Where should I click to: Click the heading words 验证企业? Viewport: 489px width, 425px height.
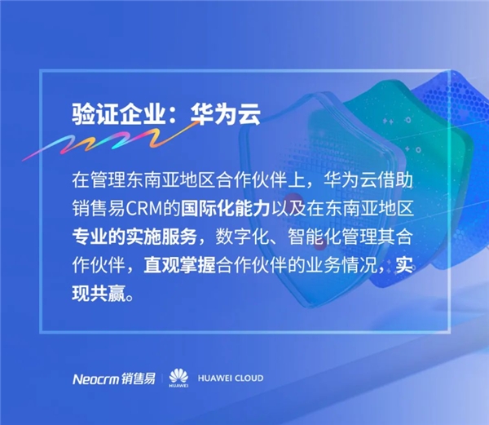click(x=118, y=114)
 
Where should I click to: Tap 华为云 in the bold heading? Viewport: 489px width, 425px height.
click(x=226, y=114)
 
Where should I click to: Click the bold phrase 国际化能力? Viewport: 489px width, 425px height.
click(x=225, y=209)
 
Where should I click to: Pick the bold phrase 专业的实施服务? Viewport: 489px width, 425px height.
click(x=134, y=237)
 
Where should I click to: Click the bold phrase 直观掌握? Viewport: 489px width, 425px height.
click(x=179, y=265)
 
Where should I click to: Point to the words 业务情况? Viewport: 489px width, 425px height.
click(x=341, y=265)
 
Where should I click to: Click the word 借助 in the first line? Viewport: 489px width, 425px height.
click(x=395, y=180)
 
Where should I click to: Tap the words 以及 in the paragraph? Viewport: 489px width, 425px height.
click(x=289, y=209)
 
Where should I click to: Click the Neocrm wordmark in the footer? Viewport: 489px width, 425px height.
click(x=95, y=379)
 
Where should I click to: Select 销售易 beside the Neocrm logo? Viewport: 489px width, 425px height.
click(x=138, y=379)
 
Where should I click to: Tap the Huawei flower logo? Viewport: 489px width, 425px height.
click(x=178, y=378)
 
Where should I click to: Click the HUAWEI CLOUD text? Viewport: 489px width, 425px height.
click(x=231, y=379)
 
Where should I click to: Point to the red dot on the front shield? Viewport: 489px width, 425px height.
click(x=292, y=201)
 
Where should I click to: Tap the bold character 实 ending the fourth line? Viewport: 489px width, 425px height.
click(x=405, y=265)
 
